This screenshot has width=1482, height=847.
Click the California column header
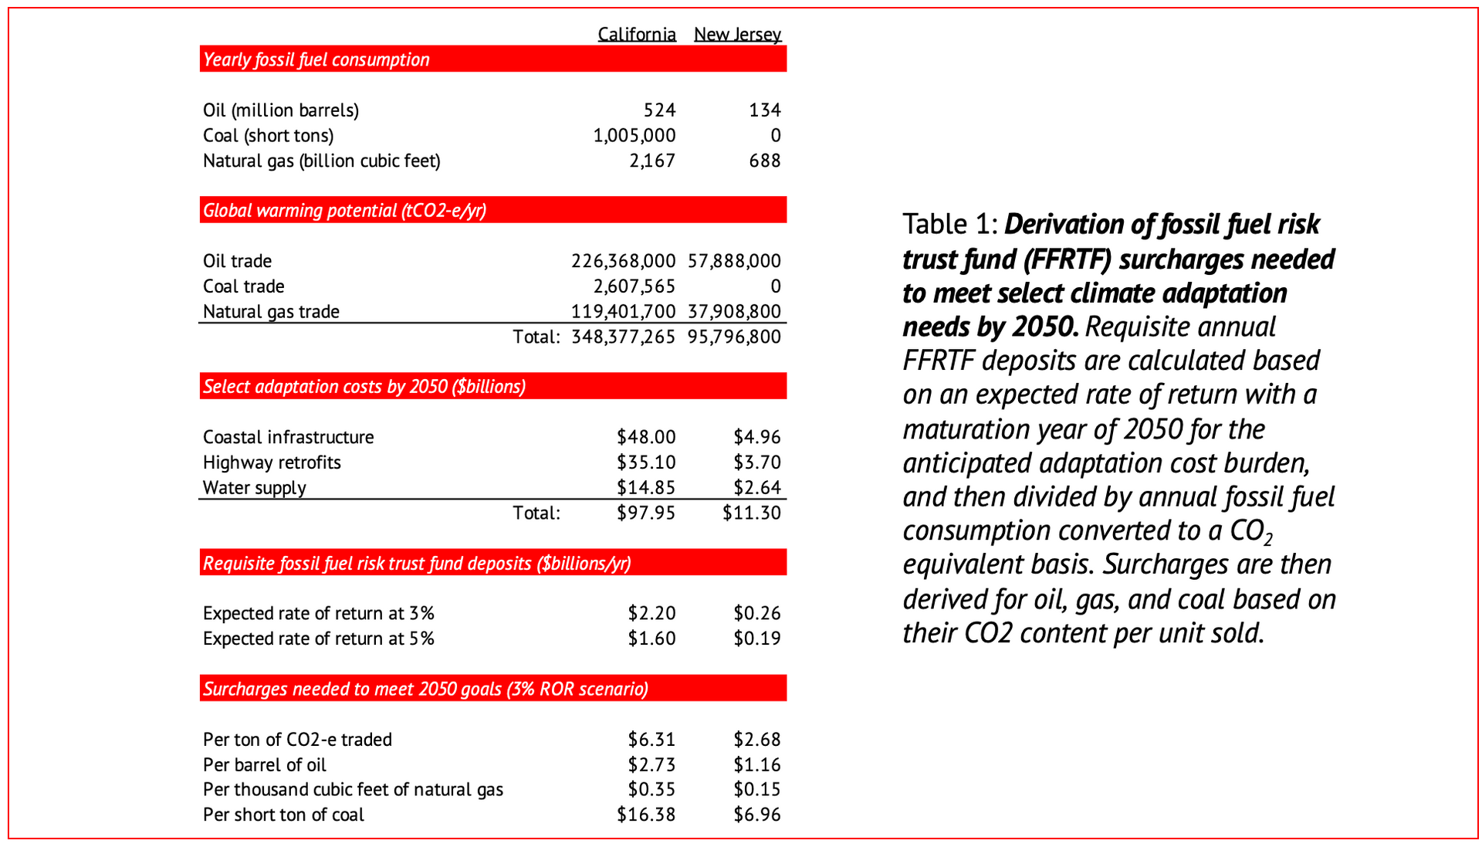coord(636,34)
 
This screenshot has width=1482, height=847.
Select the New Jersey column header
coord(737,34)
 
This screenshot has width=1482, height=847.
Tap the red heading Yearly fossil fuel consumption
coord(316,59)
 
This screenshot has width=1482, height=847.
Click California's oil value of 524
coord(659,110)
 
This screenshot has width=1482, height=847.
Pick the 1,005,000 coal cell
coord(634,136)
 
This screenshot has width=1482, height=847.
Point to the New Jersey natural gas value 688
coord(764,161)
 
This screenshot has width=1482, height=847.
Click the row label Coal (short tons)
coord(268,136)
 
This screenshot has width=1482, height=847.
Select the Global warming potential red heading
coord(344,211)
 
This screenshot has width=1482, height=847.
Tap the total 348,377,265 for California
coord(623,337)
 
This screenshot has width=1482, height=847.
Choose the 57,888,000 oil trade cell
coord(734,261)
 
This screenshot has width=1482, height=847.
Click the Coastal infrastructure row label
coord(288,437)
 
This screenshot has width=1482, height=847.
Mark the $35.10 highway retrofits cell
coord(646,462)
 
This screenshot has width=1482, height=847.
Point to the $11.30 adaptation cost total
coord(751,513)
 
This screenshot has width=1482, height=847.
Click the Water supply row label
coord(254,488)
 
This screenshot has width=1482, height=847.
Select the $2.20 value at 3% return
coord(651,613)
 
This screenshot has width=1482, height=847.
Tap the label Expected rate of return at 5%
coord(318,639)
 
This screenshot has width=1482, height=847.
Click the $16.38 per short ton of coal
coord(646,815)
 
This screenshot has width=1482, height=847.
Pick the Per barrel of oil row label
coord(264,764)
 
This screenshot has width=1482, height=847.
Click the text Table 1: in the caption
coord(950,225)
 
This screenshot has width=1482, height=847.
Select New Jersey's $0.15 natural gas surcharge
coord(756,789)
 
